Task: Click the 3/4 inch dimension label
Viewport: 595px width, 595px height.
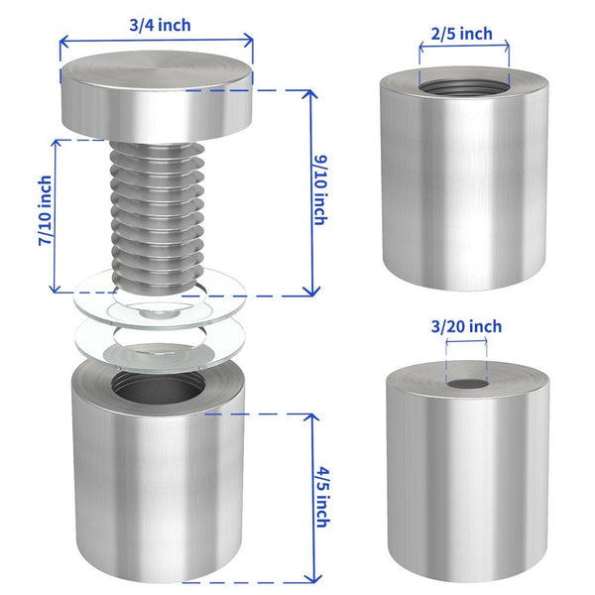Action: point(160,26)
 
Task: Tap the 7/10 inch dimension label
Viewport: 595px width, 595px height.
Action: point(45,210)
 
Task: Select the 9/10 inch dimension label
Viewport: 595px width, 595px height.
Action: point(321,190)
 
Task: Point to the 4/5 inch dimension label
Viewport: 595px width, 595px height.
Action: point(323,497)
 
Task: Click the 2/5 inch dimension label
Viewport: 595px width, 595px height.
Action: point(461,34)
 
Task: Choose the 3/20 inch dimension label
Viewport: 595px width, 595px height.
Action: point(466,326)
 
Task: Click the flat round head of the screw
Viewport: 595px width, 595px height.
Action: point(157,96)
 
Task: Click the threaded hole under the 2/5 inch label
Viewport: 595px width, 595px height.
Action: point(464,88)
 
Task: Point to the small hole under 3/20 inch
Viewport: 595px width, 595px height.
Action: point(467,384)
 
